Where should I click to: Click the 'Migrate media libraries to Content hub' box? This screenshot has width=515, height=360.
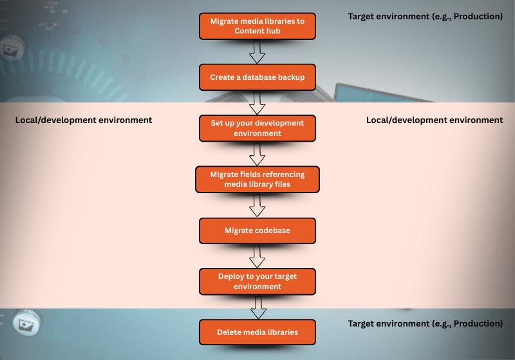[x=257, y=26]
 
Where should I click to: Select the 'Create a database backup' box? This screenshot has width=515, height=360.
[x=257, y=77]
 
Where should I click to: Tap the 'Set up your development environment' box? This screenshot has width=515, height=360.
[x=257, y=128]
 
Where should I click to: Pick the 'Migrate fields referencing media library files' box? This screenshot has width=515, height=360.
[x=257, y=179]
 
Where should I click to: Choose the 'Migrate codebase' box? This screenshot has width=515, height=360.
[x=257, y=231]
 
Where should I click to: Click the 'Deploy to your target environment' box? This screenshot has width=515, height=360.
[x=257, y=281]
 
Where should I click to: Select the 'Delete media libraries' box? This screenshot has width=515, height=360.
[x=257, y=332]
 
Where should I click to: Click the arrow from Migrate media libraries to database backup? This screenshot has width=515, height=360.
[x=257, y=52]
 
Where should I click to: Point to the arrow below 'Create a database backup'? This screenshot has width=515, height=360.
[x=257, y=102]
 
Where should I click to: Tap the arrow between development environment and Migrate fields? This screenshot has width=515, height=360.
[x=257, y=153]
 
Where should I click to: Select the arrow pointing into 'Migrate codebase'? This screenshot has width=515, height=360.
[x=257, y=205]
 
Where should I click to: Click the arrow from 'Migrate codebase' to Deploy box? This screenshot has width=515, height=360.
[x=257, y=256]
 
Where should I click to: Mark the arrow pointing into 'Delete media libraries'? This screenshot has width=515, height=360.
[x=257, y=307]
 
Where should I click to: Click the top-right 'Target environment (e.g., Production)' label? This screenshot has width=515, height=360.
[x=426, y=17]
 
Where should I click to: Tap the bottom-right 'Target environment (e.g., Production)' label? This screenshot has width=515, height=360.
[x=426, y=323]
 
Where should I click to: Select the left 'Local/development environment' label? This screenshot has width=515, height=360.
[x=84, y=120]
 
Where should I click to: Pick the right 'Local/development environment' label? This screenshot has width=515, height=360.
[x=435, y=120]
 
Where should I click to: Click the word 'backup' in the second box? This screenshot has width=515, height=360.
[x=290, y=77]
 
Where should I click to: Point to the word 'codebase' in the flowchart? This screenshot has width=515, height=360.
[x=271, y=231]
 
